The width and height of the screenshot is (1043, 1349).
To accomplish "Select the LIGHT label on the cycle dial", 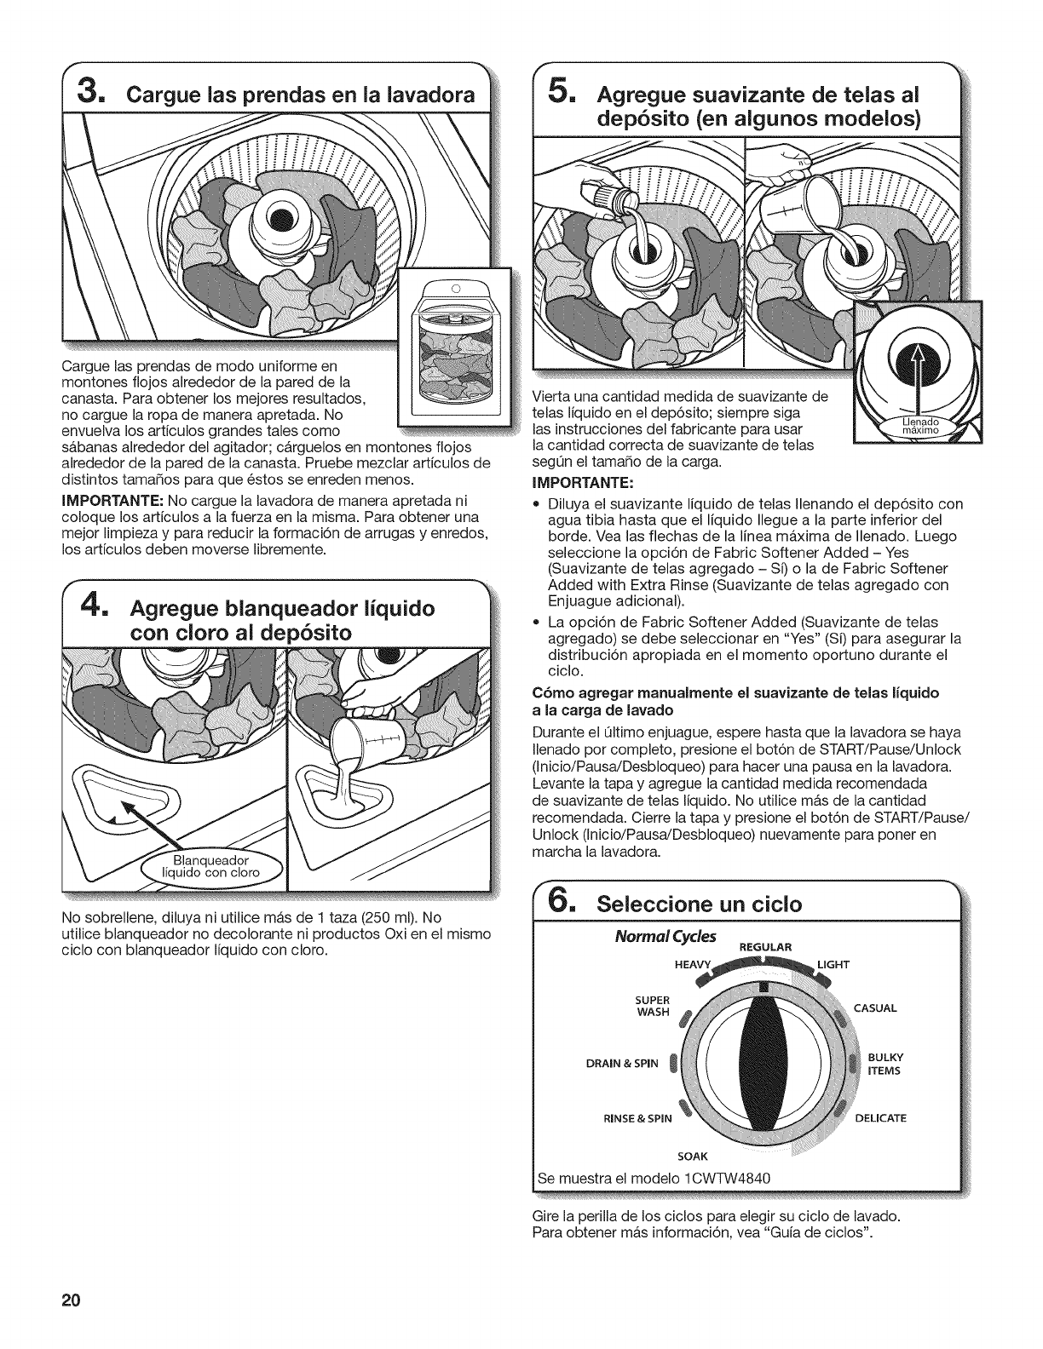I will (x=833, y=964).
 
